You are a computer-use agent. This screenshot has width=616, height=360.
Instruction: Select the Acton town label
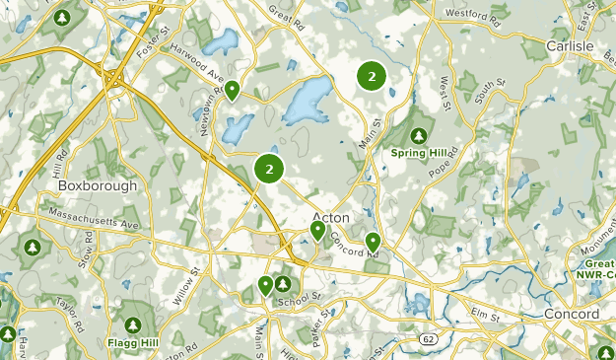[x=330, y=217]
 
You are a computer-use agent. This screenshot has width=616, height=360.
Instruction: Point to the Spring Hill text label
[x=420, y=153]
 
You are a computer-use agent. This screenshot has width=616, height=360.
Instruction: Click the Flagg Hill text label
[x=132, y=342]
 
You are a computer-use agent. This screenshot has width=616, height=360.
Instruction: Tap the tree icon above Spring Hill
[x=420, y=135]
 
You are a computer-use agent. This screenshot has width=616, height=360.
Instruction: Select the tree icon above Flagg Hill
[x=133, y=324]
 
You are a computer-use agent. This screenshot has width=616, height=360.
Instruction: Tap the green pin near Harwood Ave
[x=233, y=92]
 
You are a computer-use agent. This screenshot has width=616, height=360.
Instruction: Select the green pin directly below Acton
[x=318, y=232]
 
